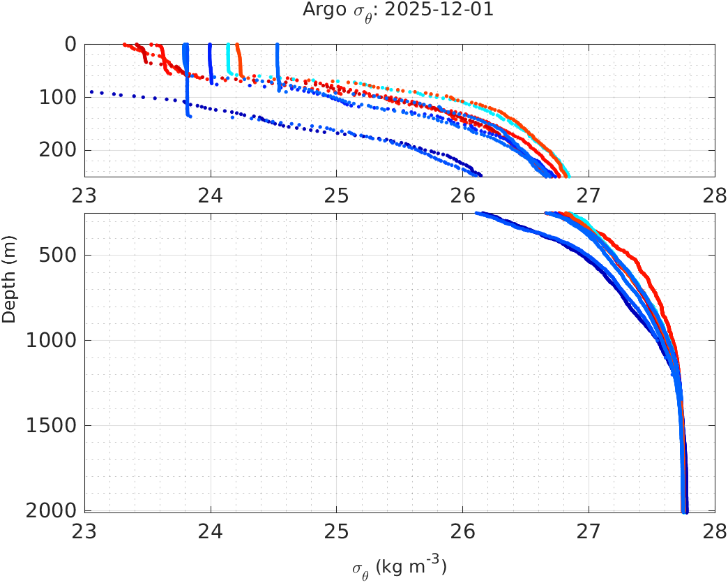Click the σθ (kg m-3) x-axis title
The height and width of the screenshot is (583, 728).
pos(399,566)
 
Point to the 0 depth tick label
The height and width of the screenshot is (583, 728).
pos(70,44)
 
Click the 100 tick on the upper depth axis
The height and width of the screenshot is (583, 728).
pos(59,97)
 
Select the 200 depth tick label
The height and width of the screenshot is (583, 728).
pos(59,150)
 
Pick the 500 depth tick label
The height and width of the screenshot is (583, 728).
pos(59,255)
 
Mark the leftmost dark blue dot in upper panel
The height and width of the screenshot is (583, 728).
pos(91,91)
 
